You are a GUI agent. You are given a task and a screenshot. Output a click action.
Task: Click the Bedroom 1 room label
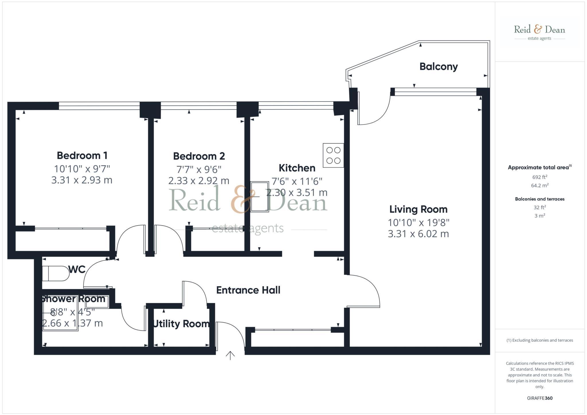(x=82, y=156)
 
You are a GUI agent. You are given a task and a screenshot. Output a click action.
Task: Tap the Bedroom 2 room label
(x=199, y=156)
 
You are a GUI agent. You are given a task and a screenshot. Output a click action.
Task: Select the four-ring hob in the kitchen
(x=333, y=155)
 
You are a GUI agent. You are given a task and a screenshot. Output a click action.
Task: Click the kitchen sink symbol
(x=260, y=197)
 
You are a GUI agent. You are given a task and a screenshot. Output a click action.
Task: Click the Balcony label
(x=439, y=67)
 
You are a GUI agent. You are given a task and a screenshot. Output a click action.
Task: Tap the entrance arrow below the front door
(x=230, y=355)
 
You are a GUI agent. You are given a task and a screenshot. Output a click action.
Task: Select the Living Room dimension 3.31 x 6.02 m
(x=418, y=234)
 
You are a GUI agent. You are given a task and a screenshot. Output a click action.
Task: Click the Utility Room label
(x=181, y=324)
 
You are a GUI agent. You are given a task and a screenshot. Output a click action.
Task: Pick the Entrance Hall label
(x=248, y=290)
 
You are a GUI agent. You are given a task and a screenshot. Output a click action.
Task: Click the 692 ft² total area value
(x=539, y=177)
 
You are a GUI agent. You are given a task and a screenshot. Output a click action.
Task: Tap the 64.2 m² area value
(x=539, y=185)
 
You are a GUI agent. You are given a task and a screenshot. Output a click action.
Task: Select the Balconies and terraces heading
(x=539, y=199)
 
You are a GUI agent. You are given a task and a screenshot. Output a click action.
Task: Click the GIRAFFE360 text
(x=539, y=398)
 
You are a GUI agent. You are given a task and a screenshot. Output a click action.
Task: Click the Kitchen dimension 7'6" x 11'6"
(x=297, y=181)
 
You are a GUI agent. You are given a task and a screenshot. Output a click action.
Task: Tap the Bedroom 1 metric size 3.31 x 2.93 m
(x=82, y=180)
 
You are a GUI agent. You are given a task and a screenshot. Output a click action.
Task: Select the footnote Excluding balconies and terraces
(x=539, y=340)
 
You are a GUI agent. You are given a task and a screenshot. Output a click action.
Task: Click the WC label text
(x=77, y=270)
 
